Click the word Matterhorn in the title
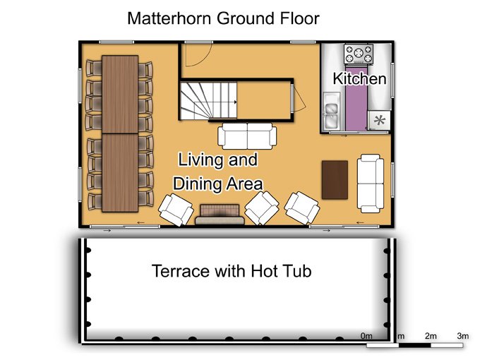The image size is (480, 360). pos(169,18)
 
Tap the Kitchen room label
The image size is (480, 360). pos(359,78)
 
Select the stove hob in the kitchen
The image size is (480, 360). pos(359,54)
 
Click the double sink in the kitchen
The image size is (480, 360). pos(332,111)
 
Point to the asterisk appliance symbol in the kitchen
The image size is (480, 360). pos(380,120)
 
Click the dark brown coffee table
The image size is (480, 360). pos(335,180)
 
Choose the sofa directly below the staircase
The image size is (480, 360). pos(247,136)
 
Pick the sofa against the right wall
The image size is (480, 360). pos(371,184)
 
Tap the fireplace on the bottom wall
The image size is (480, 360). pos(220,215)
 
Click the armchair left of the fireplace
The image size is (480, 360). pos(176,210)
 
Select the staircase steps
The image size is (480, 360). pos(208,101)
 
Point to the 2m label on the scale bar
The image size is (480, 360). pos(431,336)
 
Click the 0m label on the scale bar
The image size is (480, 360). pos(366,336)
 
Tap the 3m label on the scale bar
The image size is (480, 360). pos(463,336)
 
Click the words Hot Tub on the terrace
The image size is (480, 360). pos(282,271)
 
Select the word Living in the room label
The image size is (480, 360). pos(200,160)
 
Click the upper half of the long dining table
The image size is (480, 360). pos(120,95)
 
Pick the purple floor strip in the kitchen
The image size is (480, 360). pos(356,98)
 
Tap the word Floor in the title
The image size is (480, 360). pos(299,18)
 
